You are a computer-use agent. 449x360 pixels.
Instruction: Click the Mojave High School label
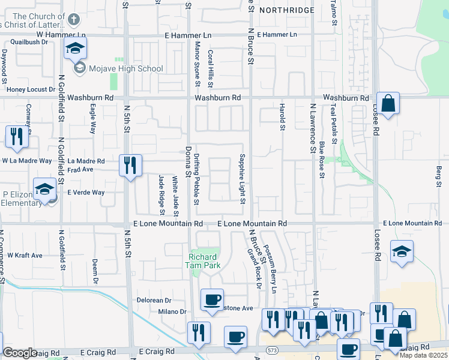126,68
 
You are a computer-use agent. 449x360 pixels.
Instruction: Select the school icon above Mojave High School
75,49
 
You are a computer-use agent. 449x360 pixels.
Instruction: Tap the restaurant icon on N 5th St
130,165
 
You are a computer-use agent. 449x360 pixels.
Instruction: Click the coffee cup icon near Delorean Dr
212,300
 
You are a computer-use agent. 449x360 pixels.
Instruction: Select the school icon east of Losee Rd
402,251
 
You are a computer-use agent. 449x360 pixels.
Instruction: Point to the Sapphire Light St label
243,178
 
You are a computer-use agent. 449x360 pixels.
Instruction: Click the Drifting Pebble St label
197,179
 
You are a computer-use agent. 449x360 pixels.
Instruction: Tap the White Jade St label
176,196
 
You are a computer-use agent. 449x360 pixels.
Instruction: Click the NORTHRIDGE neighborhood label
286,10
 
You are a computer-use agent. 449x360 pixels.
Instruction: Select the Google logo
20,353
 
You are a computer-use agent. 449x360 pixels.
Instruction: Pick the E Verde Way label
86,193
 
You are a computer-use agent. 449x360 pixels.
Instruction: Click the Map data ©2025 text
423,355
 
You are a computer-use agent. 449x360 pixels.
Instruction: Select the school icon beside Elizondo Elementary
45,190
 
